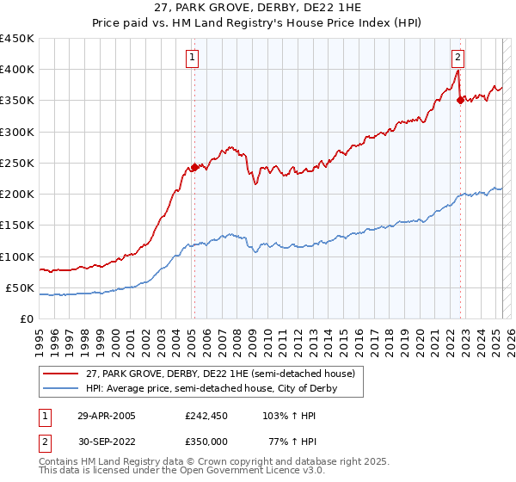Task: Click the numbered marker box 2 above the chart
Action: click(458, 58)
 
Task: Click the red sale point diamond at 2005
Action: click(194, 168)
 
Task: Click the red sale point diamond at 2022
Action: click(460, 101)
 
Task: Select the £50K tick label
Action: click(21, 287)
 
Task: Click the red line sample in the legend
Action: click(60, 373)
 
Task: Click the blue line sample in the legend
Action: click(60, 389)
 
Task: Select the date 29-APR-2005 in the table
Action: click(107, 415)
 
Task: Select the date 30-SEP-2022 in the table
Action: click(107, 441)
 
